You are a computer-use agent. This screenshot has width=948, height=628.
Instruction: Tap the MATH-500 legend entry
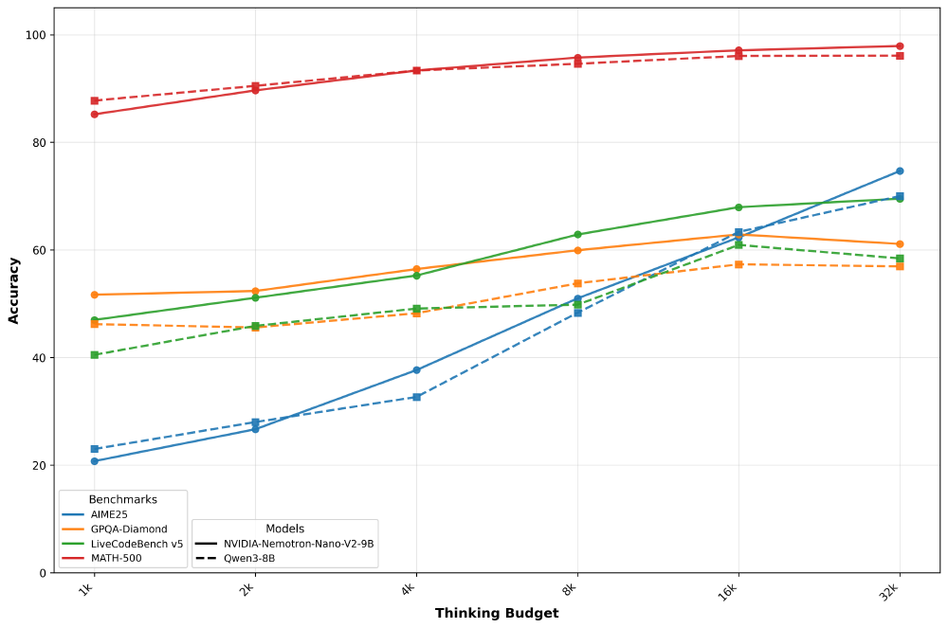117,558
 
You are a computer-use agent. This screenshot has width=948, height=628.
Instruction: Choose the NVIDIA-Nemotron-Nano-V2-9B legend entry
299,544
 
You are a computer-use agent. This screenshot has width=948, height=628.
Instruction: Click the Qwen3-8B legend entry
249,558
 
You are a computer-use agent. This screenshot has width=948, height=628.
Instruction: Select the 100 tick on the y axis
35,35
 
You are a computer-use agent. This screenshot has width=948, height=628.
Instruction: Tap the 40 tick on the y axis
38,358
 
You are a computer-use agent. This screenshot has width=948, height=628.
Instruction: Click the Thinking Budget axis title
497,613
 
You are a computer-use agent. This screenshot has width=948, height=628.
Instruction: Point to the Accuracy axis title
14,290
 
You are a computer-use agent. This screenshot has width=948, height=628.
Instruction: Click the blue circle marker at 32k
900,171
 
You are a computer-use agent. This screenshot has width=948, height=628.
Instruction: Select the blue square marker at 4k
416,397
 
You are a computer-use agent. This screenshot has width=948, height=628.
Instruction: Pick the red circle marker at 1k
95,115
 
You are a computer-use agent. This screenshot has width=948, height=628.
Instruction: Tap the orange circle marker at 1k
95,295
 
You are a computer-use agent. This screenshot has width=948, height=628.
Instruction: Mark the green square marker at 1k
95,355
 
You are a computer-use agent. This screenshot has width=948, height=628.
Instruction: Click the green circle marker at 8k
577,235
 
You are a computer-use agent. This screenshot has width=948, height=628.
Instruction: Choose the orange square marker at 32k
900,266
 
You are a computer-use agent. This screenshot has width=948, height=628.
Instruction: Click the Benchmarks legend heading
123,499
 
